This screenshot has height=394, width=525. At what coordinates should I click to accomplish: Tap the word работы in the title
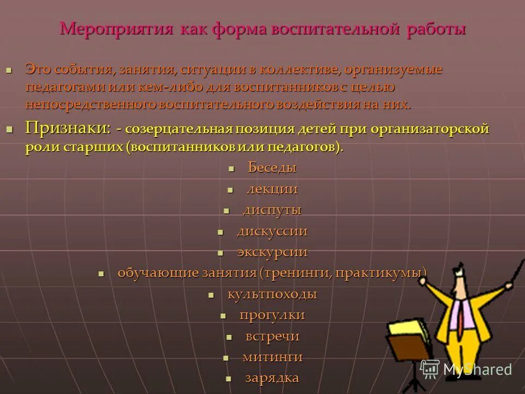[436, 28]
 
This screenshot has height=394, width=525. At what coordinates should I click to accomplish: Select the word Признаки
[67, 129]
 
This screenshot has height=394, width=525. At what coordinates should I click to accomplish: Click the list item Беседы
[272, 167]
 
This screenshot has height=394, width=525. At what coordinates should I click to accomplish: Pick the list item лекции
[272, 189]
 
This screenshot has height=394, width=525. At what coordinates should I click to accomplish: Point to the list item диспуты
[272, 210]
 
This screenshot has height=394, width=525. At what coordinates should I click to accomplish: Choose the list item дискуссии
[272, 231]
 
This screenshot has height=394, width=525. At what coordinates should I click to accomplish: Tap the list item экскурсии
[272, 252]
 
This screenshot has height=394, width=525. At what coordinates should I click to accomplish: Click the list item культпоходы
[272, 294]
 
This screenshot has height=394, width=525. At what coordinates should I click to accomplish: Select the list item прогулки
[272, 315]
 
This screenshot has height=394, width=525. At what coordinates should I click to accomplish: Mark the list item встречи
[272, 336]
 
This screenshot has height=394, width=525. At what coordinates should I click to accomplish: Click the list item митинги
[272, 357]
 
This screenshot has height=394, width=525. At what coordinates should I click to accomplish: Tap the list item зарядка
[272, 378]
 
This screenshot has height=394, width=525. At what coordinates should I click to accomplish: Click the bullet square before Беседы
[231, 169]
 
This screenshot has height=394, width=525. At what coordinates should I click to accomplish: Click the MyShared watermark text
[477, 369]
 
